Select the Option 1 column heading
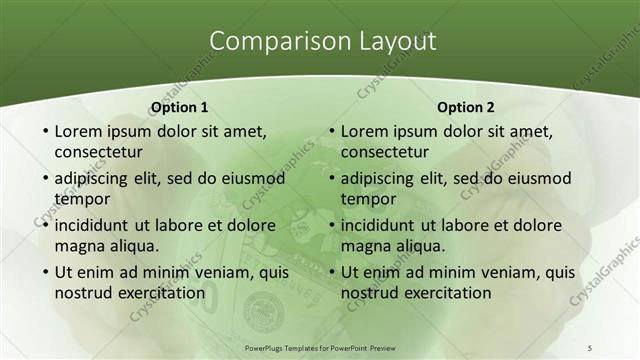(179, 107)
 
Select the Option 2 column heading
(466, 107)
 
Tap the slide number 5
(589, 346)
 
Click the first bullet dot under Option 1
(43, 132)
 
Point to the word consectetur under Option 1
(98, 152)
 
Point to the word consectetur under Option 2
(385, 152)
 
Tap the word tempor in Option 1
(82, 199)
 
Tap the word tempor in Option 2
(369, 199)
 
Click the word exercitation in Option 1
(161, 293)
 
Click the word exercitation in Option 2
(448, 293)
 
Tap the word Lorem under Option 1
(77, 131)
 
